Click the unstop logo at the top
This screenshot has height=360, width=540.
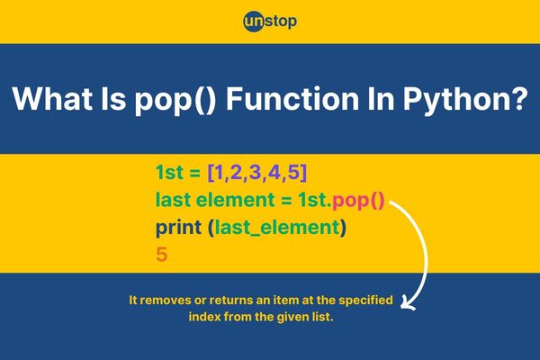[270, 22]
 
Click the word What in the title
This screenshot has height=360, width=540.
[52, 98]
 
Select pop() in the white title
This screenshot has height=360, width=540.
[175, 100]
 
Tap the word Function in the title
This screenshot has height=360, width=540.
[292, 98]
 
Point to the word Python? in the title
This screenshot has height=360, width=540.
[465, 100]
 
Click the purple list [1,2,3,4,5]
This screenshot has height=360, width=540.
[257, 172]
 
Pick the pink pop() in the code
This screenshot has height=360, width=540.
[358, 201]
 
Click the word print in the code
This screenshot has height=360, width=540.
[178, 228]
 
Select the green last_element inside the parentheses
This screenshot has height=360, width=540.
[277, 228]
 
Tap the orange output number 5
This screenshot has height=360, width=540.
[161, 255]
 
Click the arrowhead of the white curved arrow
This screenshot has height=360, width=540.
[408, 304]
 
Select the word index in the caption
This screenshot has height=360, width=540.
[204, 316]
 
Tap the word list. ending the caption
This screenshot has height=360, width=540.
[323, 316]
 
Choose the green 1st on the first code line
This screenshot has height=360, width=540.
[169, 172]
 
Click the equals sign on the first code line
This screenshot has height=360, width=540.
[195, 173]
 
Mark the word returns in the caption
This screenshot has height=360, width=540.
[231, 300]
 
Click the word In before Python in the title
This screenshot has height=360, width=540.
[381, 98]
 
